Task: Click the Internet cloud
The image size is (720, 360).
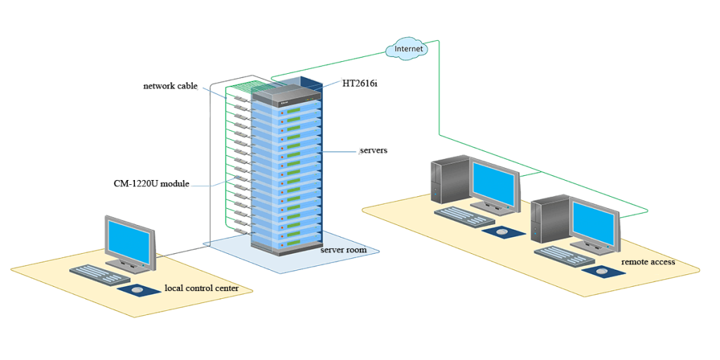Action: pos(409,49)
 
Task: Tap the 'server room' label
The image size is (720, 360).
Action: pos(342,250)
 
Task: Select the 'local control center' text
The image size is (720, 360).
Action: pos(201,288)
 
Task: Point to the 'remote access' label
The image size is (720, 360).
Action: pos(648,262)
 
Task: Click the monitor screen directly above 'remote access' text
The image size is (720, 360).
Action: pos(594,224)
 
